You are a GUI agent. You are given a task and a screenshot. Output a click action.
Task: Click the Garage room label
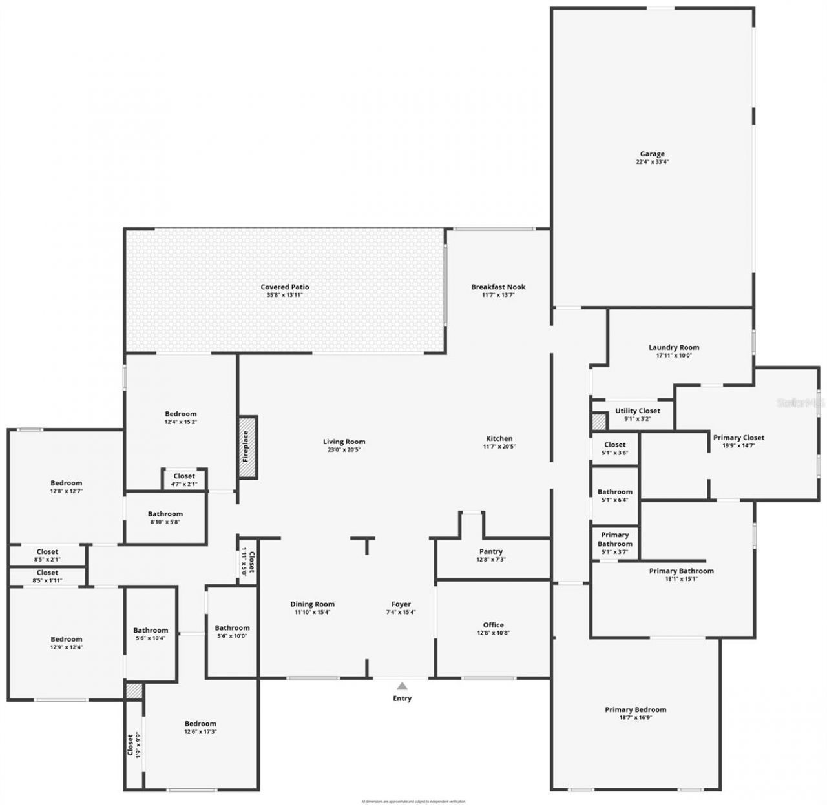pos(652,154)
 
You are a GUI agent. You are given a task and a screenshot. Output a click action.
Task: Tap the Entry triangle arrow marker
pos(402,686)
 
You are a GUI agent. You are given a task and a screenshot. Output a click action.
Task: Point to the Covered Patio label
pos(285,287)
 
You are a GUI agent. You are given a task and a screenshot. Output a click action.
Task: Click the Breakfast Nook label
pos(498,287)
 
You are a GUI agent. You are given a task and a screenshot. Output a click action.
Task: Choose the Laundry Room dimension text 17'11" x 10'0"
pos(674,355)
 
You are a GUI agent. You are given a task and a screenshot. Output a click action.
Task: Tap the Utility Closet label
pos(637,411)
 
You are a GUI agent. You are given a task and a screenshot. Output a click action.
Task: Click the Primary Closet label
pos(738,438)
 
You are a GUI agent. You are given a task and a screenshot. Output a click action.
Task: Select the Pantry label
pos(491,552)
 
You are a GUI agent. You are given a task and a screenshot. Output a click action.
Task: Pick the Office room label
pos(493,625)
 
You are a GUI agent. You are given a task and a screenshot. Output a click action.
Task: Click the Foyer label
pos(401,605)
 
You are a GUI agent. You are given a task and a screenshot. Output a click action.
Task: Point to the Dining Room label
pos(312,605)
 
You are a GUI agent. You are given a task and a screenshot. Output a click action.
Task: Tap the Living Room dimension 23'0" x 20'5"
pos(344,450)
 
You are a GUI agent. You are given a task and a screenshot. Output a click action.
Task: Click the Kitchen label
pos(499,439)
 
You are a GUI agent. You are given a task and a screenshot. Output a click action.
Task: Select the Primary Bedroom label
pos(635,710)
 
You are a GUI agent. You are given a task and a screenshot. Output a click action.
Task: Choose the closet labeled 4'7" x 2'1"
pos(184,480)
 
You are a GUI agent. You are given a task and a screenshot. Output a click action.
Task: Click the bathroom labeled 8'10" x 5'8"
pos(165,518)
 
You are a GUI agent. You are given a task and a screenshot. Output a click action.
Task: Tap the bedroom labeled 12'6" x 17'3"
pos(200,728)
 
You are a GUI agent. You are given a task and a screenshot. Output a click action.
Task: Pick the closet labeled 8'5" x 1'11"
pos(47,576)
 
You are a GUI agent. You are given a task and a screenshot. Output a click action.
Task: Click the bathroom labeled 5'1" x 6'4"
pos(614,495)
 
